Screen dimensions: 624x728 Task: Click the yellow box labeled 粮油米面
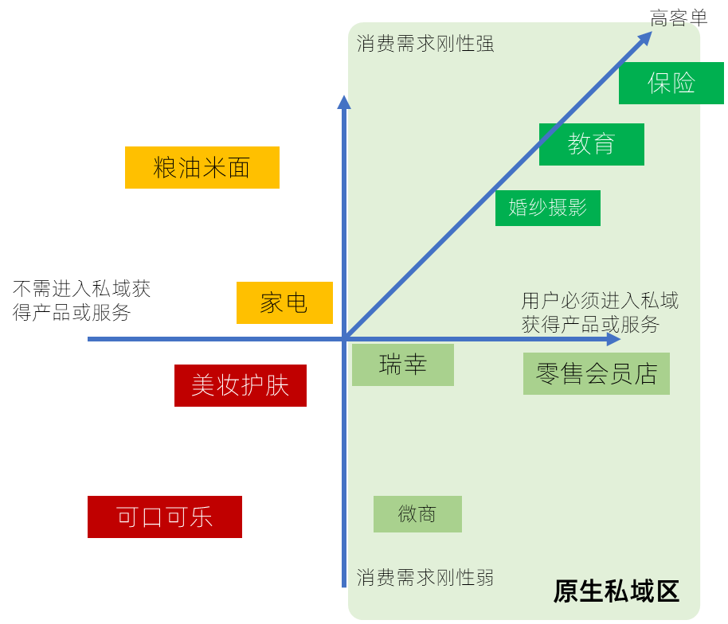tap(202, 167)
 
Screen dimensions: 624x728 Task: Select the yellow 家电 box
tap(284, 302)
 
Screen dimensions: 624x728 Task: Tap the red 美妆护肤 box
tap(240, 386)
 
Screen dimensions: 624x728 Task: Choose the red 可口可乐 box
tap(164, 517)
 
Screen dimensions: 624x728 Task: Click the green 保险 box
tap(671, 83)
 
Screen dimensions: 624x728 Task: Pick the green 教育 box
tap(591, 144)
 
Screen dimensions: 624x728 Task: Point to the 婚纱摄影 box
tap(547, 208)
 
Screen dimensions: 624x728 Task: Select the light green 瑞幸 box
tap(402, 365)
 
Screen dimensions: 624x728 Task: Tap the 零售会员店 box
tap(596, 374)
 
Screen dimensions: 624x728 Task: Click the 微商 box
tap(417, 514)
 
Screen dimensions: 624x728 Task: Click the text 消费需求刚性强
tap(425, 44)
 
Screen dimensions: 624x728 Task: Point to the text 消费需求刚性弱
tap(425, 577)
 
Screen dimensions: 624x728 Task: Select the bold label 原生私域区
tap(616, 591)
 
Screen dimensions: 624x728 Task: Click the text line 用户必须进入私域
tap(600, 301)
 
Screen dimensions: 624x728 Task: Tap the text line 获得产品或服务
tap(590, 324)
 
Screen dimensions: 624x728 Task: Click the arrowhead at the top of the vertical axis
tap(344, 102)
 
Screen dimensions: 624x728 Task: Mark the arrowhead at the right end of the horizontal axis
tap(613, 339)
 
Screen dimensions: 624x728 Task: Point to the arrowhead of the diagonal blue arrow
tap(645, 38)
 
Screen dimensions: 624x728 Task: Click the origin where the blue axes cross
tap(345, 339)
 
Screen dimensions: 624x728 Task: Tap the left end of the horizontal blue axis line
tap(89, 339)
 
